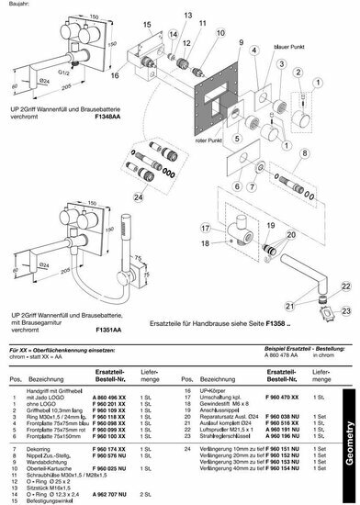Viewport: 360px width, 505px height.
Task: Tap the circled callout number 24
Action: (137, 195)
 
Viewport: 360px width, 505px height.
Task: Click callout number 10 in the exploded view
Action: (218, 33)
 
